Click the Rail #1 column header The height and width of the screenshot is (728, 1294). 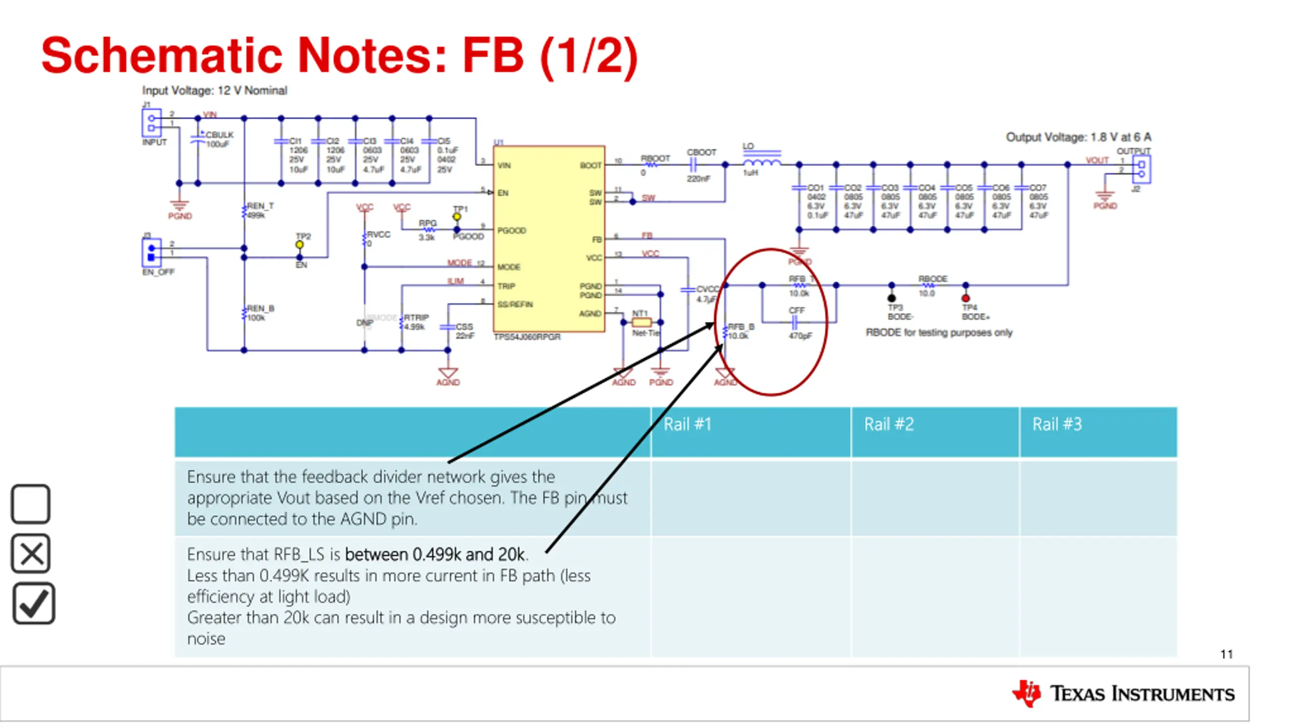point(687,425)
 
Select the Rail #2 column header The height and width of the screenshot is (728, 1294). point(889,425)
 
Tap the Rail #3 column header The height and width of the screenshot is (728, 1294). point(1057,425)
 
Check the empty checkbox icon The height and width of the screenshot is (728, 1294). point(31,504)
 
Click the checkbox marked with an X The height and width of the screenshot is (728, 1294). point(31,554)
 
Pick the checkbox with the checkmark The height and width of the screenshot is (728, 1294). point(33,604)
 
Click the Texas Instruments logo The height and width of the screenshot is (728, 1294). point(1123,694)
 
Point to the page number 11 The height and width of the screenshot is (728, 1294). point(1226,654)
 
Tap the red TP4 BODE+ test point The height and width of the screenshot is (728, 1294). point(965,298)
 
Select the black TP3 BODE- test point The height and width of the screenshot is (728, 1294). point(892,298)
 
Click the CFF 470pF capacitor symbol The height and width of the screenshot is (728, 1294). point(795,322)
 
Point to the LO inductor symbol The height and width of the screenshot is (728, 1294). point(762,162)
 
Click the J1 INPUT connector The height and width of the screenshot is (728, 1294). point(151,123)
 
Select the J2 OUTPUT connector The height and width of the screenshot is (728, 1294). point(1141,169)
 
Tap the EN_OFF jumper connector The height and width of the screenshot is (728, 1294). point(151,252)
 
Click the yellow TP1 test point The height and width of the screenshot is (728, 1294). point(457,217)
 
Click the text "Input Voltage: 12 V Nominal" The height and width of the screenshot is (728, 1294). point(214,90)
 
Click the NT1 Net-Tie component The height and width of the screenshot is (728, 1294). point(641,322)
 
